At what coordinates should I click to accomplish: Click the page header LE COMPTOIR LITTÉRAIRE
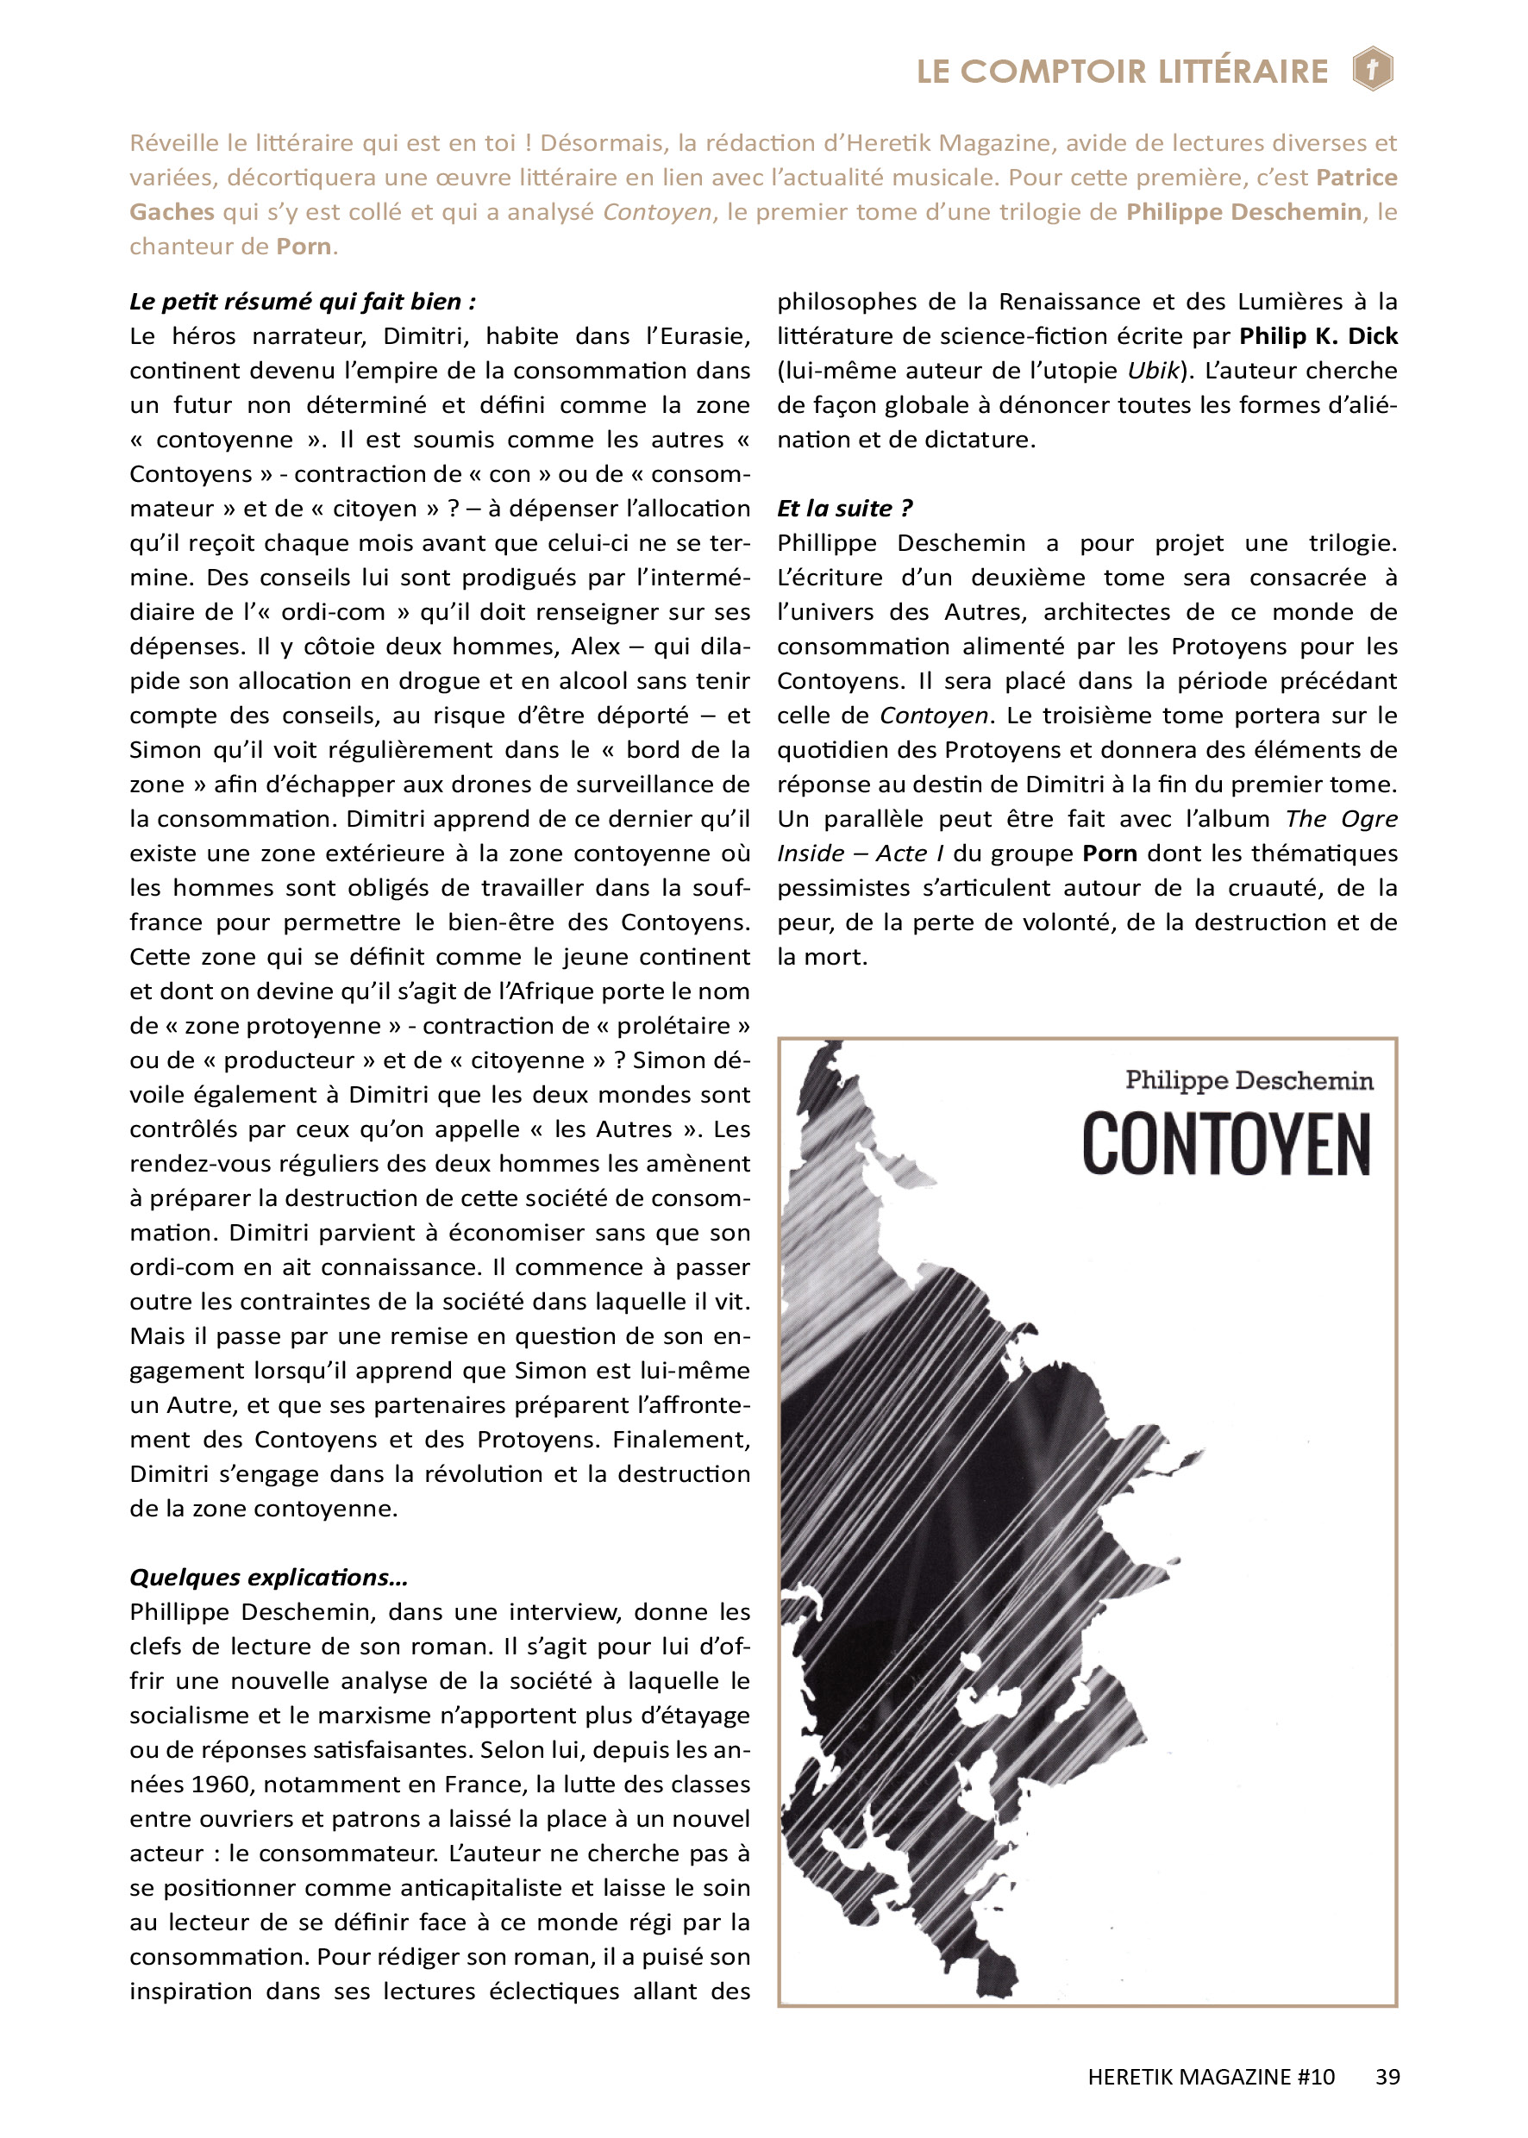click(1122, 72)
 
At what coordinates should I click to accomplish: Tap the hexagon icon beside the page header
click(1373, 69)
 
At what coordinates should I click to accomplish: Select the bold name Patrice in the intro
click(1356, 178)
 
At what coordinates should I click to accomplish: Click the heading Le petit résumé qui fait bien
click(302, 302)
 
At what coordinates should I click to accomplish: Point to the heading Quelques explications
click(268, 1578)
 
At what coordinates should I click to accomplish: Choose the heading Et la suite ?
click(844, 509)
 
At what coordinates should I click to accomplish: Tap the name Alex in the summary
click(595, 647)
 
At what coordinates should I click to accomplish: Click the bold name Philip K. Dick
click(1318, 337)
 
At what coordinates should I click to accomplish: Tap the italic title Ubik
click(1153, 371)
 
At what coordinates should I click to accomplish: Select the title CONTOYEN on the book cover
click(1225, 1144)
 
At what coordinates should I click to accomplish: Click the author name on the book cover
click(1249, 1081)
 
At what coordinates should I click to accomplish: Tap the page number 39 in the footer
click(1387, 2077)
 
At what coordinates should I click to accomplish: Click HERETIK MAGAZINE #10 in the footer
click(1211, 2077)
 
